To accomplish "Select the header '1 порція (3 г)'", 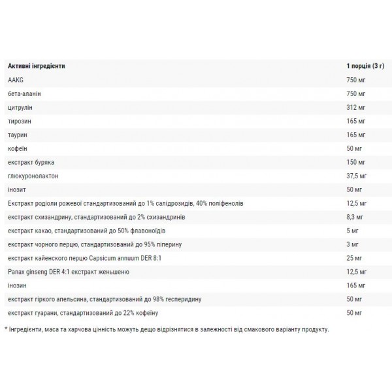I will coord(368,66).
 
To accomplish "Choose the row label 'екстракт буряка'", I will coord(30,161).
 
